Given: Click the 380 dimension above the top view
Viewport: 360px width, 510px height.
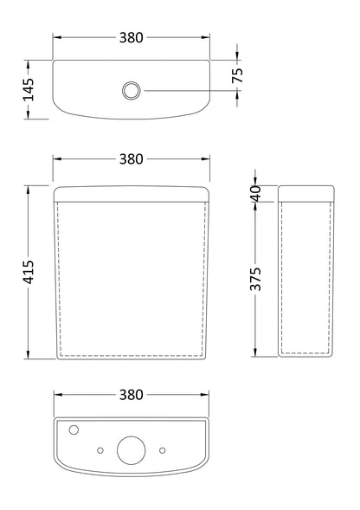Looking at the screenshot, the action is point(131,38).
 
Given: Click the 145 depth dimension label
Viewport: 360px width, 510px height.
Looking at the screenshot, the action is point(29,90).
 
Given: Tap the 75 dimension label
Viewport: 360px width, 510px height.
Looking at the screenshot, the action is point(238,75).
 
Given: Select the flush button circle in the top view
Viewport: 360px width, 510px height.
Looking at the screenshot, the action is point(132,90).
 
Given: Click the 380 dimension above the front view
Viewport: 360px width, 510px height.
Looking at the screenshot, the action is point(131,159).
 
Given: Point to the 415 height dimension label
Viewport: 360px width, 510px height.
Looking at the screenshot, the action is point(29,272).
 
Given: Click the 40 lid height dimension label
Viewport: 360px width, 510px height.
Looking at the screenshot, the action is point(256,194).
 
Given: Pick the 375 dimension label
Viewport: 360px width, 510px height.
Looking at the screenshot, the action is point(256,279).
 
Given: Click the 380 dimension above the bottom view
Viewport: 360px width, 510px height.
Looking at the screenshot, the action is point(131,395).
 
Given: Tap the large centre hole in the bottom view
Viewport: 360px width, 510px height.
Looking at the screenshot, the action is point(132,450).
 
